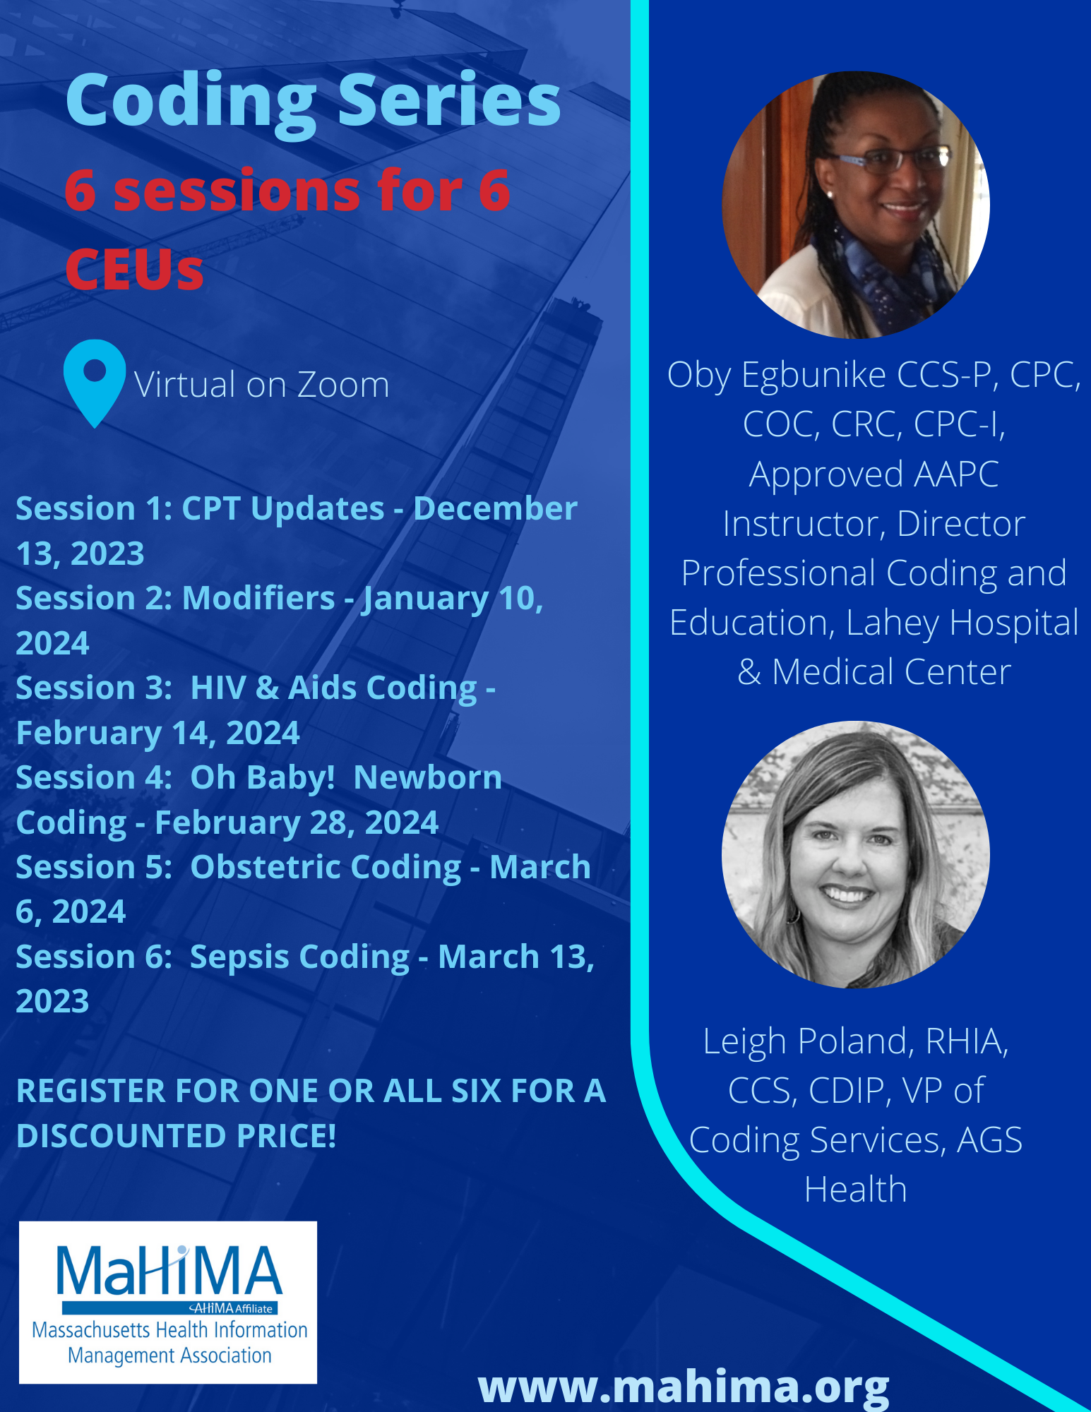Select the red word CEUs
click(134, 270)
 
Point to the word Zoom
click(342, 385)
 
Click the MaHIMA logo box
click(168, 1303)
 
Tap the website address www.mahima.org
click(684, 1387)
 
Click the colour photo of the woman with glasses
click(856, 205)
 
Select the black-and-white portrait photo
click(856, 854)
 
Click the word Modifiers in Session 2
click(258, 599)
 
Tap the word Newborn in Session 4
click(428, 778)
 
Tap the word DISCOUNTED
click(121, 1137)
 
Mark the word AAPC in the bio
click(957, 474)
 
